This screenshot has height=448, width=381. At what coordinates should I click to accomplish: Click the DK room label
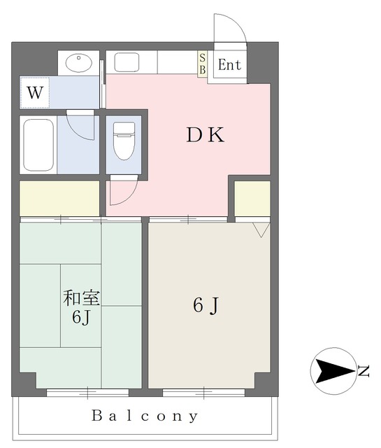(206, 135)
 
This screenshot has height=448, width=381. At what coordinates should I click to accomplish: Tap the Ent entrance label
(229, 65)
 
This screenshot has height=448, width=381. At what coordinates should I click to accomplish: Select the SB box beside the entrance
(202, 64)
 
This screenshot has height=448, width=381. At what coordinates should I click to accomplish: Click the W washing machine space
(35, 92)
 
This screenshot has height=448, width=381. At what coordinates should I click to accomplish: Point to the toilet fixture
(124, 141)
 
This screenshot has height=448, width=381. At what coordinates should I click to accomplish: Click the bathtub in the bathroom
(38, 145)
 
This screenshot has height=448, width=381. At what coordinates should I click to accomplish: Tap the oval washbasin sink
(79, 62)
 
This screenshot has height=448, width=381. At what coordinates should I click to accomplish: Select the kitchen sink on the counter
(127, 62)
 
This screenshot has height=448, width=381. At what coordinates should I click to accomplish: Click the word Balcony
(145, 416)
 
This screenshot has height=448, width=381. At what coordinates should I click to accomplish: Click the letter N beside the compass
(364, 371)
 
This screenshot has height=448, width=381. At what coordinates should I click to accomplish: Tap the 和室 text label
(81, 298)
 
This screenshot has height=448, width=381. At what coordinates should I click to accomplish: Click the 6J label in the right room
(206, 305)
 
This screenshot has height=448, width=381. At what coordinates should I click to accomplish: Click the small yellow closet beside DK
(252, 199)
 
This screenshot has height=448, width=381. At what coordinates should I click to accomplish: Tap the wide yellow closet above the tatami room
(59, 198)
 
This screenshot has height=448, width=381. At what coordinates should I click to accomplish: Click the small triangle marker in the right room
(261, 230)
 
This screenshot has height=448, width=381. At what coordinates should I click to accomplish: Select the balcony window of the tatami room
(87, 392)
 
